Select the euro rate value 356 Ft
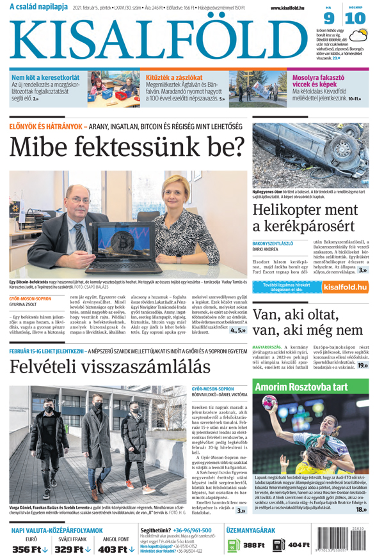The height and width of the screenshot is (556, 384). pos(30,549)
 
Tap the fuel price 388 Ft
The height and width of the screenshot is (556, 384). pos(253,545)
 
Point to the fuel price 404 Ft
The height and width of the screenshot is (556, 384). pos(298,545)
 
